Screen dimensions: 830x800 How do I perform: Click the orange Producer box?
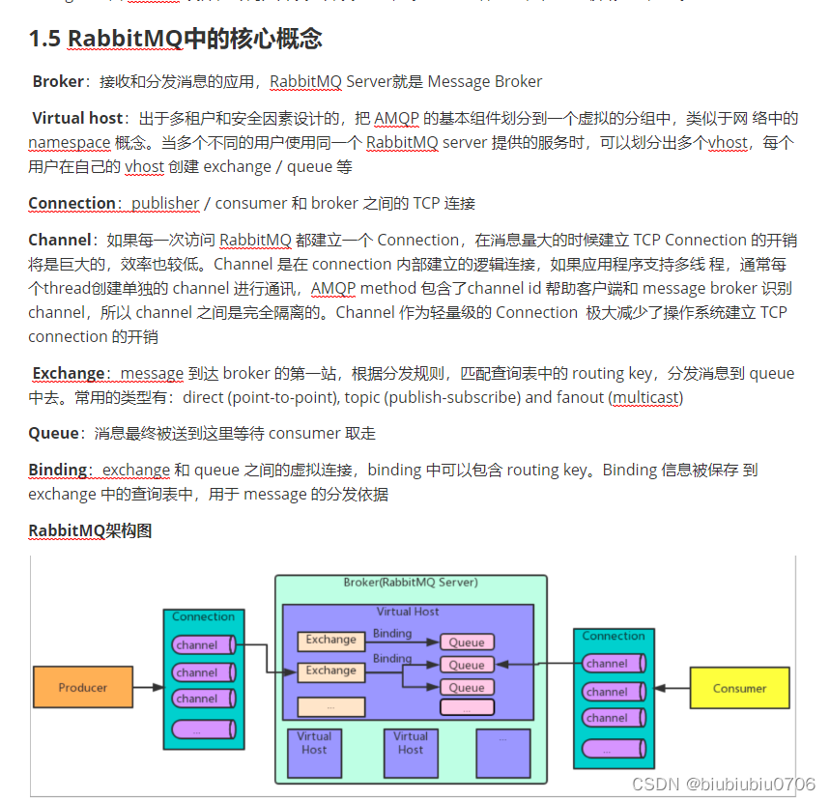(x=82, y=687)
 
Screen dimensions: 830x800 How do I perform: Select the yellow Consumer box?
(x=739, y=688)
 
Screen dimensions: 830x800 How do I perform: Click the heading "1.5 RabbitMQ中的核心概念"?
(x=175, y=39)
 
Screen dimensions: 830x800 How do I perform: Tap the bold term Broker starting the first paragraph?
(x=58, y=82)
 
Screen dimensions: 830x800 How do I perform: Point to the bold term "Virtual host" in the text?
(x=77, y=118)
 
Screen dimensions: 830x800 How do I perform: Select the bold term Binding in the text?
(x=58, y=470)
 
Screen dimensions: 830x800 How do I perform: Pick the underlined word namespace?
(x=69, y=142)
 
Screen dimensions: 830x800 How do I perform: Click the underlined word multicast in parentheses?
(x=646, y=397)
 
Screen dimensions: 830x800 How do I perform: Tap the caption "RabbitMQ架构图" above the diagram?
(x=90, y=530)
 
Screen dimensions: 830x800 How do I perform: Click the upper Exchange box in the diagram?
(x=330, y=640)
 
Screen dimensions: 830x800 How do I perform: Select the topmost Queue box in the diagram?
(x=467, y=643)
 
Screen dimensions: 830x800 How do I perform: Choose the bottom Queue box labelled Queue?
(x=467, y=687)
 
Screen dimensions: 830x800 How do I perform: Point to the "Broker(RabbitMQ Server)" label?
(x=411, y=583)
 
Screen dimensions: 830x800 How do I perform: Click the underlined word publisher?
(x=165, y=204)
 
